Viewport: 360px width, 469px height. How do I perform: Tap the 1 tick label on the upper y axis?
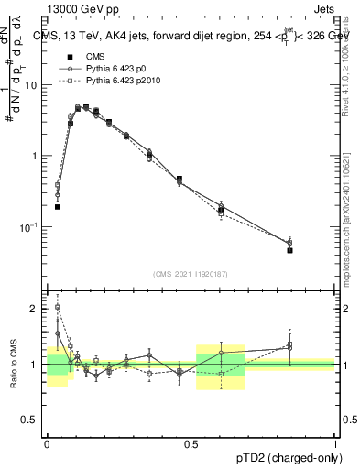[x=37, y=156]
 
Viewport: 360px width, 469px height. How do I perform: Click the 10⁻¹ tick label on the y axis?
[x=32, y=226]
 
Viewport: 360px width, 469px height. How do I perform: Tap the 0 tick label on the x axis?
[x=47, y=443]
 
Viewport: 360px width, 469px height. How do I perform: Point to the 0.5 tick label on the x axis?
[x=191, y=443]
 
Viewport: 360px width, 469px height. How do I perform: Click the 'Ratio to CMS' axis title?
[x=12, y=365]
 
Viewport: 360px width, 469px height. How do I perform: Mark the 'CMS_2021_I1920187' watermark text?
[x=191, y=274]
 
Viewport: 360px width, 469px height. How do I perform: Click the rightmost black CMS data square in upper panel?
[x=289, y=250]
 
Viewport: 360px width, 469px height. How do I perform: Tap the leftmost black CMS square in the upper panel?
[x=58, y=207]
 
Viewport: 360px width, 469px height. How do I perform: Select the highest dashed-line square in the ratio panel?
[x=58, y=307]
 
